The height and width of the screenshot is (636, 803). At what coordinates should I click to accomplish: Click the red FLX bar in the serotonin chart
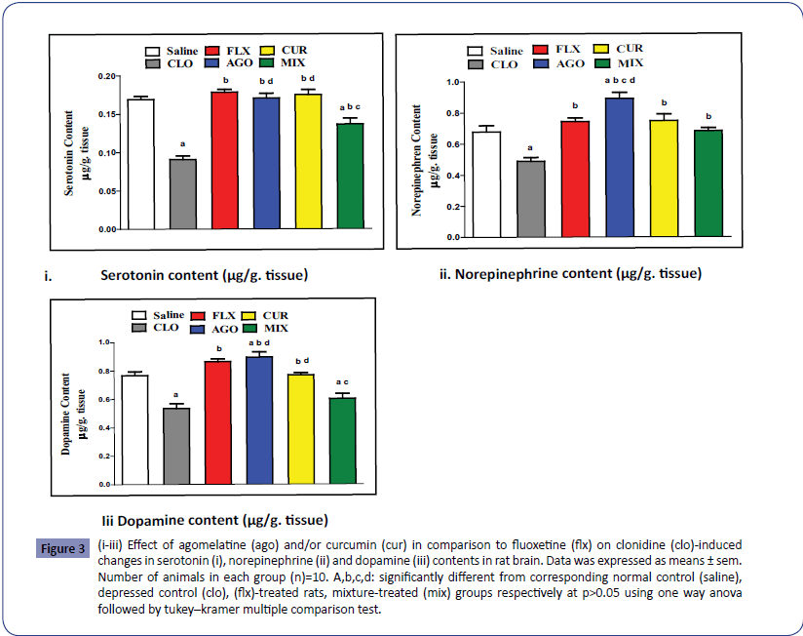225,160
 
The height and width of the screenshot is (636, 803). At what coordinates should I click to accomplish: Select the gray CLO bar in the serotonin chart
182,194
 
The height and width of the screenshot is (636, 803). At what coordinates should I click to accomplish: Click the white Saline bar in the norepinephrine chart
486,184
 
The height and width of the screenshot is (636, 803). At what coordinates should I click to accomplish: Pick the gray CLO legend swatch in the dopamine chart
146,328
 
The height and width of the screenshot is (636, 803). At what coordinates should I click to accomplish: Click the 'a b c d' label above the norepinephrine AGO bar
619,81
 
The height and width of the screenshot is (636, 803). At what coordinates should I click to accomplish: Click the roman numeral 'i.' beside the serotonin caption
48,277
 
